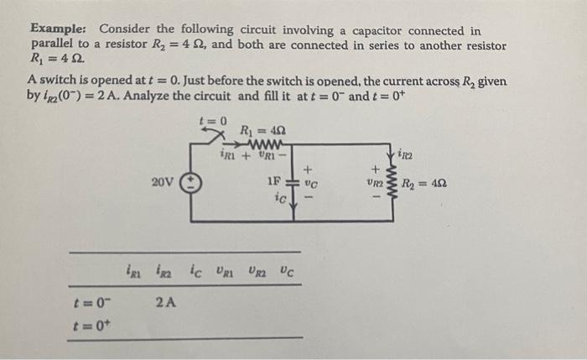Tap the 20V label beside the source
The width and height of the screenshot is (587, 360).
coord(164,180)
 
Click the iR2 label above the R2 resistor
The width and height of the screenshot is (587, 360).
coord(406,154)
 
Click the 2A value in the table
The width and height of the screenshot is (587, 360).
coord(166,301)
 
